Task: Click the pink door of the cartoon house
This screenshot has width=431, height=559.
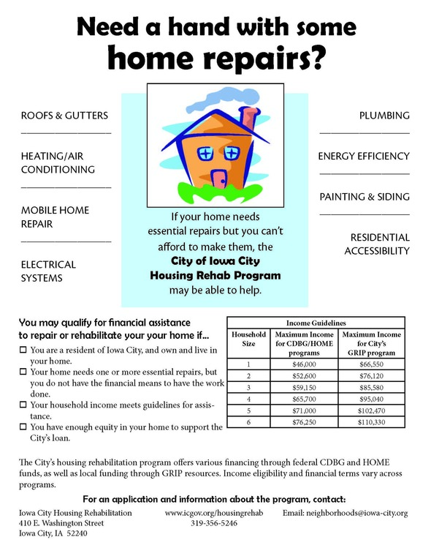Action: [218, 177]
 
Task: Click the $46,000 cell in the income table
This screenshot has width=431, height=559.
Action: [299, 363]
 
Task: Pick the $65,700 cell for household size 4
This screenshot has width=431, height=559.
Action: [299, 400]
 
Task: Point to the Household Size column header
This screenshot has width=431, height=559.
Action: [249, 339]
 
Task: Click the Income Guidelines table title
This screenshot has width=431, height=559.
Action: [316, 322]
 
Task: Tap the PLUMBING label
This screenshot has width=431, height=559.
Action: [384, 116]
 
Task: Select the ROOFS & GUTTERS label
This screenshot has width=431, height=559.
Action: [64, 116]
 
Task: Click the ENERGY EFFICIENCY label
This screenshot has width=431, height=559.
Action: [364, 157]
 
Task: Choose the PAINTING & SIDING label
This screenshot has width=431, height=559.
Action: [365, 198]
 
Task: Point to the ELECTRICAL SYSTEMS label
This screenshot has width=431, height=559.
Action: [48, 271]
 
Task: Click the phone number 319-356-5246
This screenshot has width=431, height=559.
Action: [214, 524]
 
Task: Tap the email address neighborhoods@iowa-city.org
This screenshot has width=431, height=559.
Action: [345, 514]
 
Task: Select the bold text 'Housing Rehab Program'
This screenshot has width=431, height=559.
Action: [215, 275]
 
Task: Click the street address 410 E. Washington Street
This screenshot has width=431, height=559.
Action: [61, 524]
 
